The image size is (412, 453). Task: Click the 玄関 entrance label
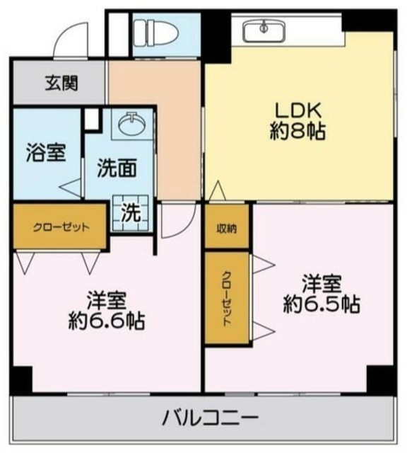[x=62, y=84]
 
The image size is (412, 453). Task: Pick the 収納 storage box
[x=227, y=228]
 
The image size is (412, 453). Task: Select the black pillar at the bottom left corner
[x=20, y=380]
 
